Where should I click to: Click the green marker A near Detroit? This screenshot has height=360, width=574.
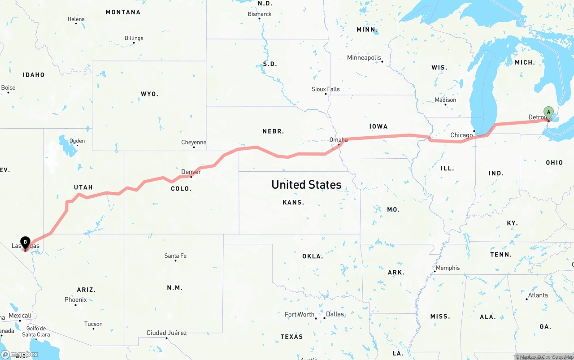tap(548, 112)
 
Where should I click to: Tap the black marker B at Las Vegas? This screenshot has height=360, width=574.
tap(25, 243)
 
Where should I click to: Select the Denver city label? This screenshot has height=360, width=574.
tap(191, 172)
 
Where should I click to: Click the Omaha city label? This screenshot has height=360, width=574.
tap(339, 140)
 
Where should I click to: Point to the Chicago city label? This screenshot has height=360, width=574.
tap(461, 135)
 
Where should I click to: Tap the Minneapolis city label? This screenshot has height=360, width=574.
tap(364, 57)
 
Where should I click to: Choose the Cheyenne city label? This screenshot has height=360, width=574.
tap(194, 143)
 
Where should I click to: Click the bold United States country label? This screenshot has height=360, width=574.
tap(306, 184)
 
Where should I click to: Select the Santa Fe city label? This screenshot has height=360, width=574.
tap(175, 256)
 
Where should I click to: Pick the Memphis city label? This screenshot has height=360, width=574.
tap(448, 268)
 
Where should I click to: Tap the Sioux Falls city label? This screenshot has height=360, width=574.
tap(326, 89)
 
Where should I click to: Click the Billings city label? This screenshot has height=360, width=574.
tap(134, 38)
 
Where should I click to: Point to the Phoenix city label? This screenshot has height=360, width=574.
tap(75, 299)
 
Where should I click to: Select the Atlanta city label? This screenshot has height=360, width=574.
tap(538, 295)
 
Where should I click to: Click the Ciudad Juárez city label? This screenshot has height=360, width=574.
tap(166, 333)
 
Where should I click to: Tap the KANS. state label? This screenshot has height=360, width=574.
tap(293, 203)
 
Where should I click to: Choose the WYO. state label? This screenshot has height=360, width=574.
tap(149, 94)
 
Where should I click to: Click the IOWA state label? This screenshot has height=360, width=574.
tap(378, 126)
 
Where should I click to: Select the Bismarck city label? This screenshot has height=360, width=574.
tap(260, 14)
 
